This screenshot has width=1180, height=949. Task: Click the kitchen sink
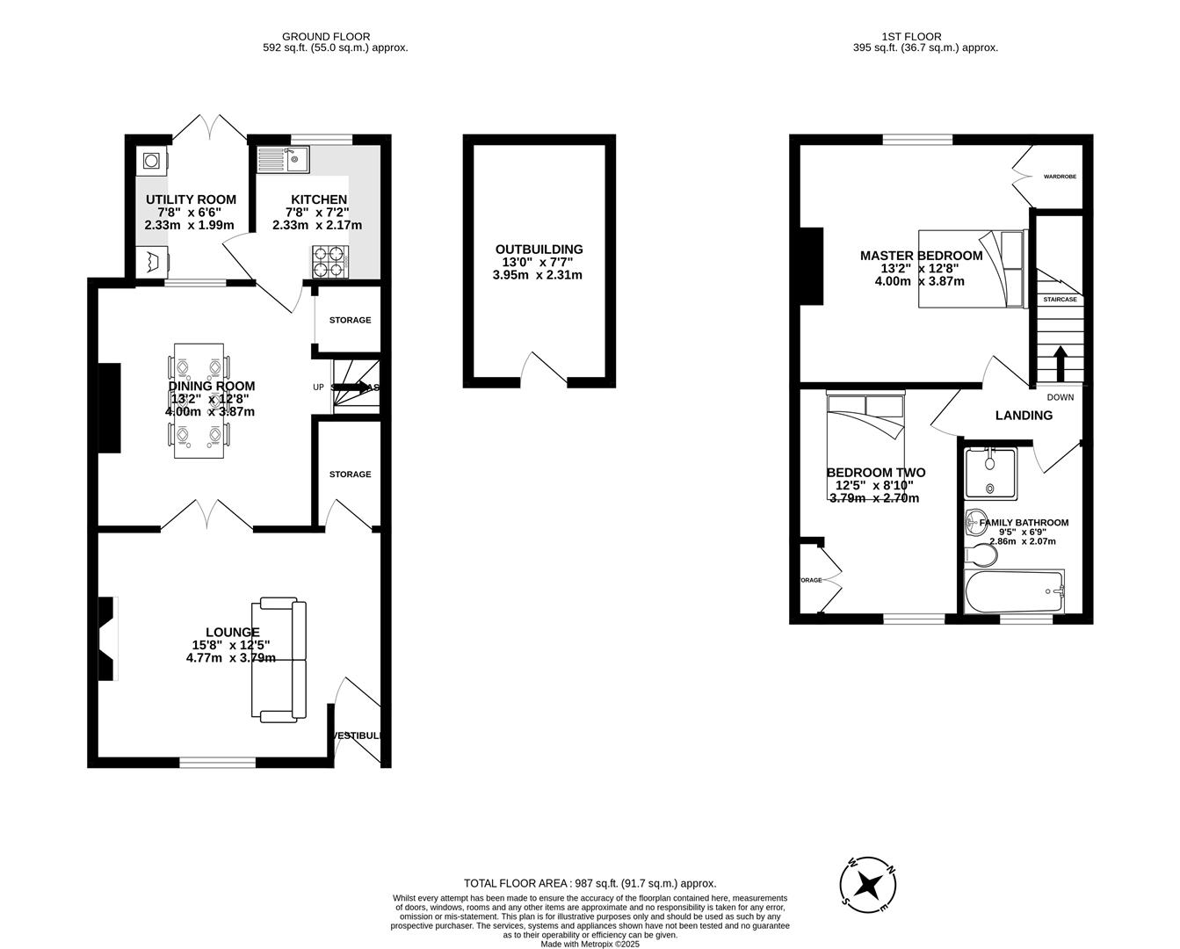(282, 160)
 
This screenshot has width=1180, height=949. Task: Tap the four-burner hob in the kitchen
(329, 260)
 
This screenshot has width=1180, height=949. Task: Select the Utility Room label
(191, 199)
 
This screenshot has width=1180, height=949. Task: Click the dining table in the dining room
(199, 401)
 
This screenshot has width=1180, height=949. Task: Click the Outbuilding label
(539, 250)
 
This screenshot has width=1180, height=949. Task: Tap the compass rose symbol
(868, 881)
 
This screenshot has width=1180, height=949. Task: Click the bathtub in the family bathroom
(1014, 592)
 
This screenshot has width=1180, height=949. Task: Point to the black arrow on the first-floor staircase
(1060, 361)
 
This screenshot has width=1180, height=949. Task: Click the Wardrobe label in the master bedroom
(1060, 177)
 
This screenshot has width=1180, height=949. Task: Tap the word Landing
(1024, 416)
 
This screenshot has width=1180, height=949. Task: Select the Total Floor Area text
(590, 883)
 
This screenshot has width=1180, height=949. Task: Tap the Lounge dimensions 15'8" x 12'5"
(231, 645)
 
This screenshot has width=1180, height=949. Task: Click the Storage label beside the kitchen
(350, 320)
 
